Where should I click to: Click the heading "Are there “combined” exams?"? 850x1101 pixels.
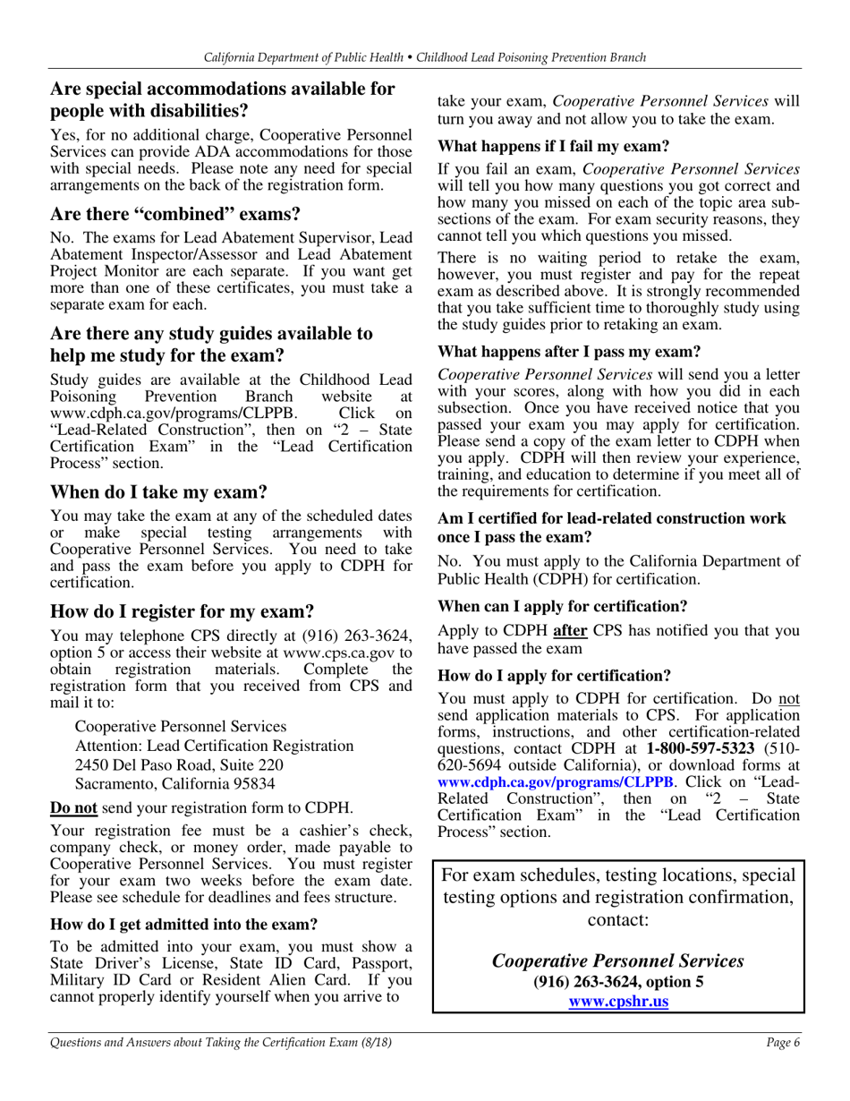coord(174,215)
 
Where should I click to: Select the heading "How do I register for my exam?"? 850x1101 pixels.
coord(182,612)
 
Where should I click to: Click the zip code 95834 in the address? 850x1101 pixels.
coord(253,784)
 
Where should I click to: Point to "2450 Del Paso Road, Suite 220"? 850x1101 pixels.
coord(179,764)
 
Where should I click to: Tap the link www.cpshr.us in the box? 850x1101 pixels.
coord(618,1002)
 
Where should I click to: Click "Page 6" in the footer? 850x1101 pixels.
coord(782,1042)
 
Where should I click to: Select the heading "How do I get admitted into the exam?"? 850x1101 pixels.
coord(184,924)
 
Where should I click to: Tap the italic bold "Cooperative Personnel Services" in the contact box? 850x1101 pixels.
coord(618,960)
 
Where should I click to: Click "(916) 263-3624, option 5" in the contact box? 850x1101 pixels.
coord(618,982)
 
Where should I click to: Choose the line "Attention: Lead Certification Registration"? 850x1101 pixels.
coord(214,746)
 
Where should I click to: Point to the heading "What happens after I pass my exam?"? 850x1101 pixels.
coord(569,352)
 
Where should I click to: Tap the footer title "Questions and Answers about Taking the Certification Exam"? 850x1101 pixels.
coord(208,1042)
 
